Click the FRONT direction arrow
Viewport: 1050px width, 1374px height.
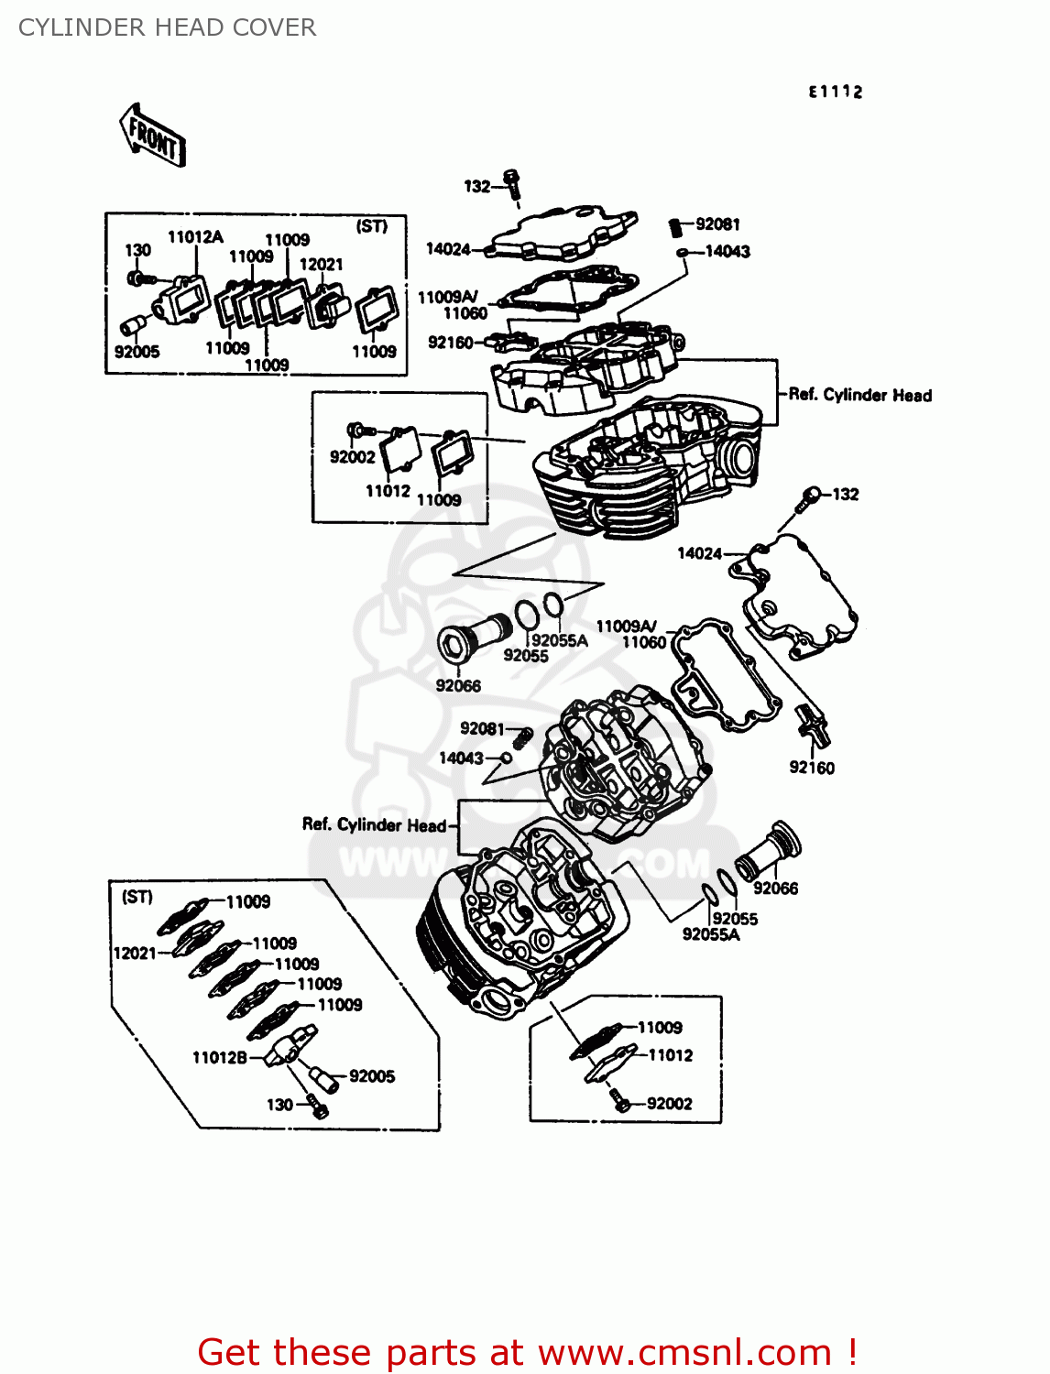pyautogui.click(x=153, y=136)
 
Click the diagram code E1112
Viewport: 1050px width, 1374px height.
pyautogui.click(x=835, y=92)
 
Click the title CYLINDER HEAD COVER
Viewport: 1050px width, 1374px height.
pyautogui.click(x=167, y=27)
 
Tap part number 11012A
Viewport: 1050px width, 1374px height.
pyautogui.click(x=195, y=237)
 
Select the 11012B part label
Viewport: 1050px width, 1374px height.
pyautogui.click(x=220, y=1057)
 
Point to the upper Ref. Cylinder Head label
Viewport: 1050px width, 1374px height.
pyautogui.click(x=859, y=395)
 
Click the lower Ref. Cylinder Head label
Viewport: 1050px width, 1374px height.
pyautogui.click(x=374, y=824)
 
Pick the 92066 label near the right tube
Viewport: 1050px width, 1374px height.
pyautogui.click(x=775, y=888)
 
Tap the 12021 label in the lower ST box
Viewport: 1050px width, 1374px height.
pyautogui.click(x=134, y=953)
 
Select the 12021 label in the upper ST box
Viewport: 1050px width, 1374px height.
pyautogui.click(x=321, y=264)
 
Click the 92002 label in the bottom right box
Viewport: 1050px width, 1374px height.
pyautogui.click(x=669, y=1103)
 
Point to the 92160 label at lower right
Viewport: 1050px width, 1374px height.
pyautogui.click(x=812, y=768)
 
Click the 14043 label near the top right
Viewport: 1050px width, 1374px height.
pyautogui.click(x=727, y=251)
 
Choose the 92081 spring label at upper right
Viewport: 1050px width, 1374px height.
pyautogui.click(x=717, y=224)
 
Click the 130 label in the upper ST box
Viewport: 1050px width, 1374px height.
pyautogui.click(x=137, y=250)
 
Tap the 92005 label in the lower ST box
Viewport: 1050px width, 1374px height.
pyautogui.click(x=372, y=1075)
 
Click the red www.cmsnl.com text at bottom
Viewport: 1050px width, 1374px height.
pyautogui.click(x=684, y=1352)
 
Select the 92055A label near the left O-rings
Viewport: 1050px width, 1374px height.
pyautogui.click(x=559, y=640)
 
